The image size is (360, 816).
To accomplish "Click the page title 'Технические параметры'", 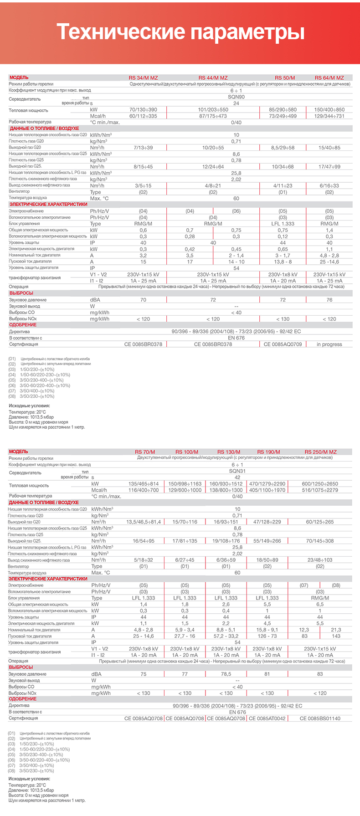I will click(x=180, y=32).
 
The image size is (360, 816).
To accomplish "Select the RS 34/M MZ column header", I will click(x=143, y=78).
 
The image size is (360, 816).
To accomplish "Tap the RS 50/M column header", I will click(x=285, y=78).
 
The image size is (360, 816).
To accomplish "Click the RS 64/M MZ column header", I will click(x=329, y=78).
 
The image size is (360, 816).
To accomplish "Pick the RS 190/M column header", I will click(x=267, y=452).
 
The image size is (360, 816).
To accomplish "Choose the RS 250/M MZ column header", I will click(x=320, y=452).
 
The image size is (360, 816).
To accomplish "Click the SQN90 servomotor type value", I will click(x=236, y=97).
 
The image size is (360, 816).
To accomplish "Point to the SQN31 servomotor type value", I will click(x=237, y=471).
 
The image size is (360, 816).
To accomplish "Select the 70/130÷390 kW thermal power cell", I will click(x=143, y=110).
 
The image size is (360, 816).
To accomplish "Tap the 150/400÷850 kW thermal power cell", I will click(x=329, y=110).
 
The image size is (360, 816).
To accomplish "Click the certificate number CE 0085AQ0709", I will click(x=283, y=344).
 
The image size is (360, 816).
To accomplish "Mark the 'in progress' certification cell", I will click(x=329, y=344).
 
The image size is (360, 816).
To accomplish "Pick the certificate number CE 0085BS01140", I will click(x=320, y=718).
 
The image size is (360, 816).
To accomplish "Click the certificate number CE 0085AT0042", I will click(x=267, y=718).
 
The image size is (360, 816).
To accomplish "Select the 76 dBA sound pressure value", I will click(x=329, y=300).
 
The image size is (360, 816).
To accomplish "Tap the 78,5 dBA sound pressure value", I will click(x=226, y=674).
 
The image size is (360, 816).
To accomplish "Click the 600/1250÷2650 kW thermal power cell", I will click(x=320, y=484).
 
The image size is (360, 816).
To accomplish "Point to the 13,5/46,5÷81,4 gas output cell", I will click(x=144, y=522).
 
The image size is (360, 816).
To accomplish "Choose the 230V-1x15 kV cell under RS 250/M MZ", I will click(x=320, y=649).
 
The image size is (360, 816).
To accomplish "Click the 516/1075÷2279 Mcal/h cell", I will click(x=320, y=490).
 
